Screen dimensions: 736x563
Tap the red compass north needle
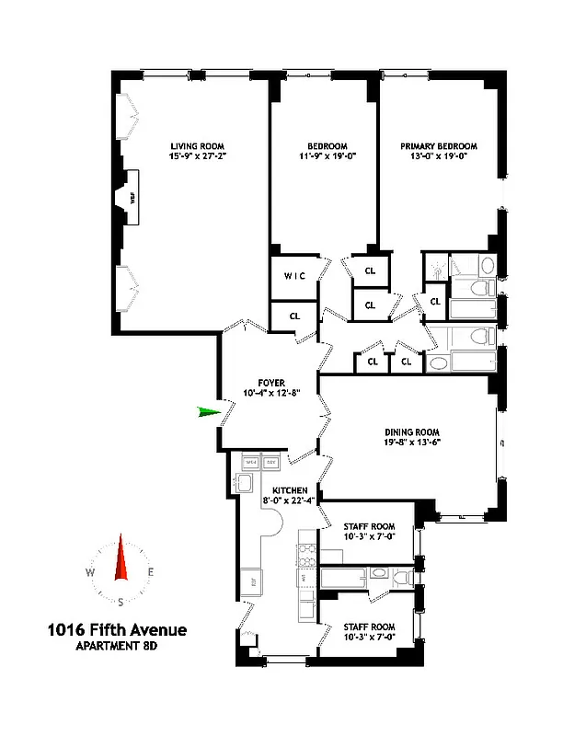tap(121, 559)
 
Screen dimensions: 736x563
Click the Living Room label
tap(198, 145)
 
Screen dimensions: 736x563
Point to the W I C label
tap(294, 275)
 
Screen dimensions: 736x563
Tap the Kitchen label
tap(289, 490)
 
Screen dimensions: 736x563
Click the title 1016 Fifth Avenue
tap(117, 631)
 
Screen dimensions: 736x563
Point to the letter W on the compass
tap(90, 572)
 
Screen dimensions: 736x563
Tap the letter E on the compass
tap(151, 572)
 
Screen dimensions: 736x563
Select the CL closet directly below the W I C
tap(294, 316)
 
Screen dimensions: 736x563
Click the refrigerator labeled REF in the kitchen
tap(247, 580)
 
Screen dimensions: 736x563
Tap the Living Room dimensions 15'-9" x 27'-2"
tap(198, 157)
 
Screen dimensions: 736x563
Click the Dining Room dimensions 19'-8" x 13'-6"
tap(413, 443)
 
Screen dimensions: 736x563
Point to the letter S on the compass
tap(121, 603)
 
